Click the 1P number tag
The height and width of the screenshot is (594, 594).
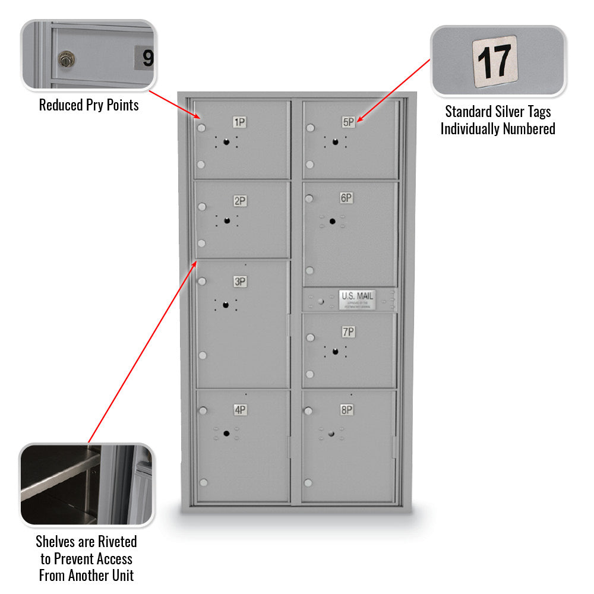(x=239, y=123)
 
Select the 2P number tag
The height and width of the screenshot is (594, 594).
(x=239, y=201)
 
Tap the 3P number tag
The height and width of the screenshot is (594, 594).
(x=239, y=282)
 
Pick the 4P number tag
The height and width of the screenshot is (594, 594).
(x=239, y=410)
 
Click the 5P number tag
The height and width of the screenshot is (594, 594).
(x=348, y=122)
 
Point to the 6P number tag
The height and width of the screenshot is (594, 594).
(x=346, y=198)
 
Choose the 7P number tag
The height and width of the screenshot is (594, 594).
(x=348, y=332)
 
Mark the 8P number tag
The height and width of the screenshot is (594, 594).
(x=347, y=410)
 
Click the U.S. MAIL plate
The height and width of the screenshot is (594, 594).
(x=357, y=299)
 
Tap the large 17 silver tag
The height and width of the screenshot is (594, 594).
(x=494, y=62)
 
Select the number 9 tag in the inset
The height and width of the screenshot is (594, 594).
(x=145, y=58)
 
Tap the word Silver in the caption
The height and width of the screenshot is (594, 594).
(x=511, y=112)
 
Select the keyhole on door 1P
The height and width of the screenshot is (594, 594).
(x=226, y=141)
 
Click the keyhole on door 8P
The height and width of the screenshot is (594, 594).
(x=331, y=434)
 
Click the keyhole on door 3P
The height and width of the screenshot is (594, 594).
(x=226, y=305)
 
